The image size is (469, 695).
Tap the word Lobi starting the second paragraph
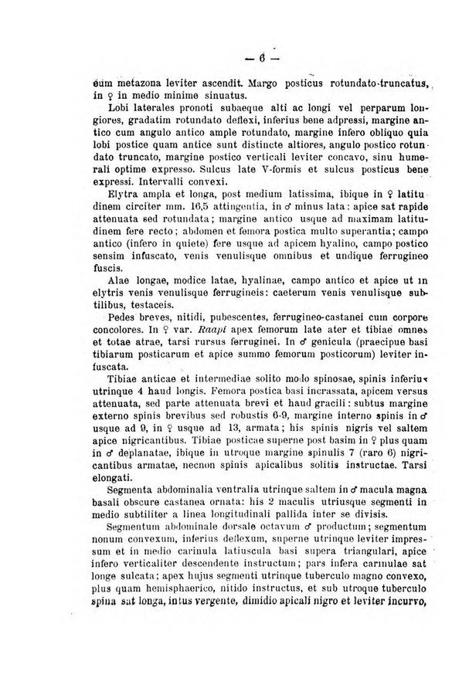click(x=101, y=107)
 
